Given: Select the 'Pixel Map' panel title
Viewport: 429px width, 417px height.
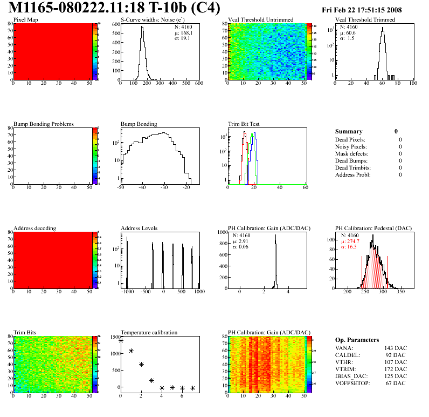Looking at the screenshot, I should pyautogui.click(x=25, y=20).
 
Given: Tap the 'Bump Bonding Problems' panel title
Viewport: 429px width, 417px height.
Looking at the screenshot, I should pyautogui.click(x=43, y=124).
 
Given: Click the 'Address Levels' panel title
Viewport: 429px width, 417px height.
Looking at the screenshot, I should pyautogui.click(x=139, y=228).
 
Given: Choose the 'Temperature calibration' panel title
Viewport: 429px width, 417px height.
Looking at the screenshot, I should pyautogui.click(x=149, y=333).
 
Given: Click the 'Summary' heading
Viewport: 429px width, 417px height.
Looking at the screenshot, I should pyautogui.click(x=349, y=131).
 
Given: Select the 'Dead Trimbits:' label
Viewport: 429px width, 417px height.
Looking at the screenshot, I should pyautogui.click(x=352, y=168).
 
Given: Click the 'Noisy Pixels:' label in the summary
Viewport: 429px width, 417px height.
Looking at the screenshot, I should pyautogui.click(x=351, y=147).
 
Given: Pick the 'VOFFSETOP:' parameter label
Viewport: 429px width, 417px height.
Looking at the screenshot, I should pyautogui.click(x=353, y=382).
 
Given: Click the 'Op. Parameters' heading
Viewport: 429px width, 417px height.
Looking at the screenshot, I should pyautogui.click(x=357, y=340).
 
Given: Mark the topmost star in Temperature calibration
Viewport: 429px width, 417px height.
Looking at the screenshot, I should pyautogui.click(x=121, y=340).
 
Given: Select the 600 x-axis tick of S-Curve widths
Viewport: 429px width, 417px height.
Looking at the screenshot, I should pyautogui.click(x=199, y=84).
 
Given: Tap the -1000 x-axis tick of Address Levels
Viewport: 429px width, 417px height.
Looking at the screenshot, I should pyautogui.click(x=127, y=292).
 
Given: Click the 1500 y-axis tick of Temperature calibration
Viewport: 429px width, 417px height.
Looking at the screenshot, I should pyautogui.click(x=114, y=337).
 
